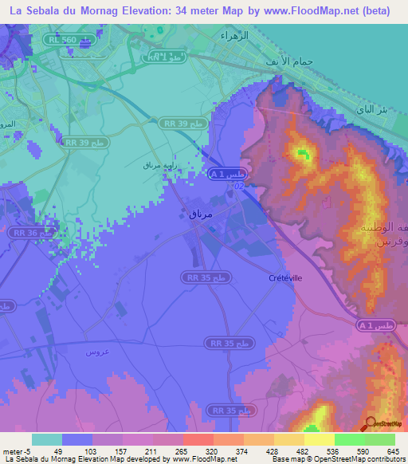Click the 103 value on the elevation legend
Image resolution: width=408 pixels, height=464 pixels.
(92, 450)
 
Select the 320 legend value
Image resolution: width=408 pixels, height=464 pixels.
(211, 450)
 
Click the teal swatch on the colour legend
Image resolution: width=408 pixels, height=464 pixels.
(47, 439)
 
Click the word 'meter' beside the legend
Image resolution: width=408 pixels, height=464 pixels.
(13, 450)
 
